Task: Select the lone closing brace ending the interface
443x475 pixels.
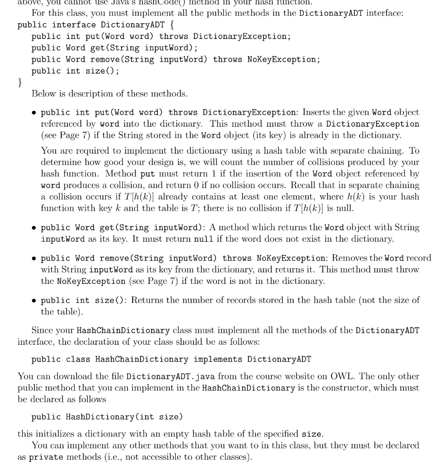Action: click(x=19, y=82)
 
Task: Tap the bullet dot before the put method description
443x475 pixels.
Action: click(x=35, y=113)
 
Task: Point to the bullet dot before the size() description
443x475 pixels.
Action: click(x=35, y=300)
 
